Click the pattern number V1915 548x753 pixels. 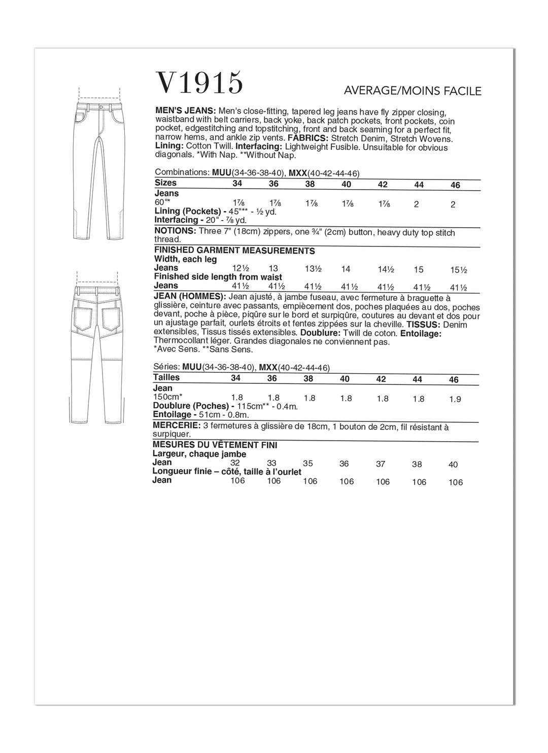[x=199, y=83]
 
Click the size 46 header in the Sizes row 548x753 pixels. [x=455, y=186]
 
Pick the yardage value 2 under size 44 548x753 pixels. [x=419, y=204]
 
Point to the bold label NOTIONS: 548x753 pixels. [x=175, y=231]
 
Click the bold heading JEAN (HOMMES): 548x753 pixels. [x=190, y=296]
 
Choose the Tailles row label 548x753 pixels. [x=166, y=377]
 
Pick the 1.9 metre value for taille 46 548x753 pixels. [x=455, y=400]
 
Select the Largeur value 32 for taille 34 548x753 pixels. [x=235, y=463]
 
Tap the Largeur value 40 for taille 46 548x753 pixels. [x=453, y=464]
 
